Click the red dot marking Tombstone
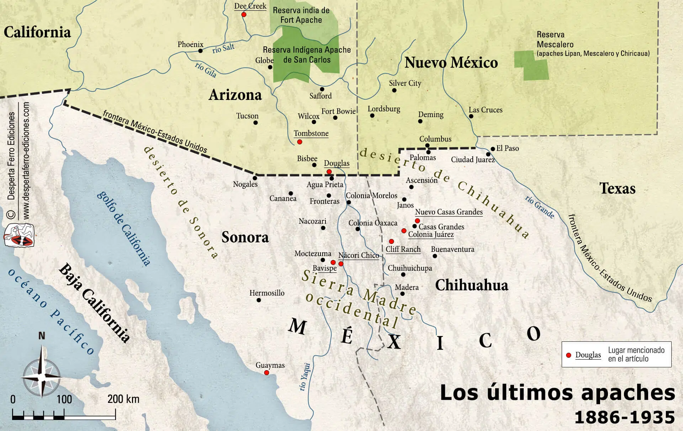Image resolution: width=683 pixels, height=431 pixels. pyautogui.click(x=300, y=142)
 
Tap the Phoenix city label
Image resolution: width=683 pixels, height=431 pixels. pyautogui.click(x=190, y=44)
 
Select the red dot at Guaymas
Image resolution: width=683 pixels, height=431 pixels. pyautogui.click(x=266, y=373)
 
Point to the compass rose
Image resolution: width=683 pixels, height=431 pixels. pyautogui.click(x=42, y=375)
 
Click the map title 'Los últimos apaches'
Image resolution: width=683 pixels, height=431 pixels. pyautogui.click(x=557, y=393)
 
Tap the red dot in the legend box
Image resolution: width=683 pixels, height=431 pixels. pyautogui.click(x=568, y=355)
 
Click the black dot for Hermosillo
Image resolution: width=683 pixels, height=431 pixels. pyautogui.click(x=259, y=300)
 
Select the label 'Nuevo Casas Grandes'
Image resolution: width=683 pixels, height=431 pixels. pyautogui.click(x=449, y=212)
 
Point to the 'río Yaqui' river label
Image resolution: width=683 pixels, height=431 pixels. pyautogui.click(x=305, y=377)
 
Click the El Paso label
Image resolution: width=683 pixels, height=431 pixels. pyautogui.click(x=507, y=148)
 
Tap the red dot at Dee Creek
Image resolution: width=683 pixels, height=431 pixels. pyautogui.click(x=244, y=15)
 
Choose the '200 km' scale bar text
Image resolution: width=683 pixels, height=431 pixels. pyautogui.click(x=123, y=399)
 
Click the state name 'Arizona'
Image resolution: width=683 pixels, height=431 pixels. pyautogui.click(x=235, y=95)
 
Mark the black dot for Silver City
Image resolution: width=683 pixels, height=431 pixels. pyautogui.click(x=394, y=90)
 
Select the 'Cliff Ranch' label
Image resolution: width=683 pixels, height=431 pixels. pyautogui.click(x=403, y=249)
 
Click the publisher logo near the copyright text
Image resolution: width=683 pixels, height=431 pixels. pyautogui.click(x=18, y=236)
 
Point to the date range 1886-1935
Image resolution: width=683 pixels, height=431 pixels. pyautogui.click(x=624, y=417)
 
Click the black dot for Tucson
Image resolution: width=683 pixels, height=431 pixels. pyautogui.click(x=255, y=123)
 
